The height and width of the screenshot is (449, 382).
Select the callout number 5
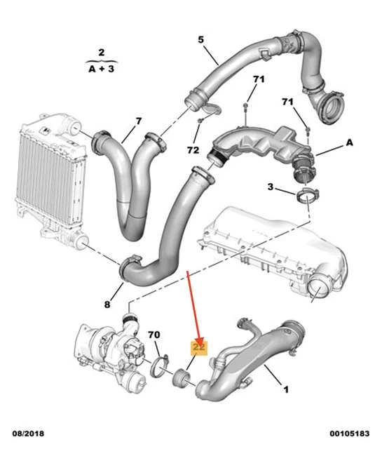point(200,41)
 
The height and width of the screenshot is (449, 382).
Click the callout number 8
point(107,304)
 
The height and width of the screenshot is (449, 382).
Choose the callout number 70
point(155,335)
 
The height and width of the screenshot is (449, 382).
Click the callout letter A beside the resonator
point(348,142)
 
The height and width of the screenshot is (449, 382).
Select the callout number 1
point(285,388)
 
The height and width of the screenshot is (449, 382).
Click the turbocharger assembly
point(112,351)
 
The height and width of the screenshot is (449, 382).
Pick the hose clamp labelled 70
point(160,366)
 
